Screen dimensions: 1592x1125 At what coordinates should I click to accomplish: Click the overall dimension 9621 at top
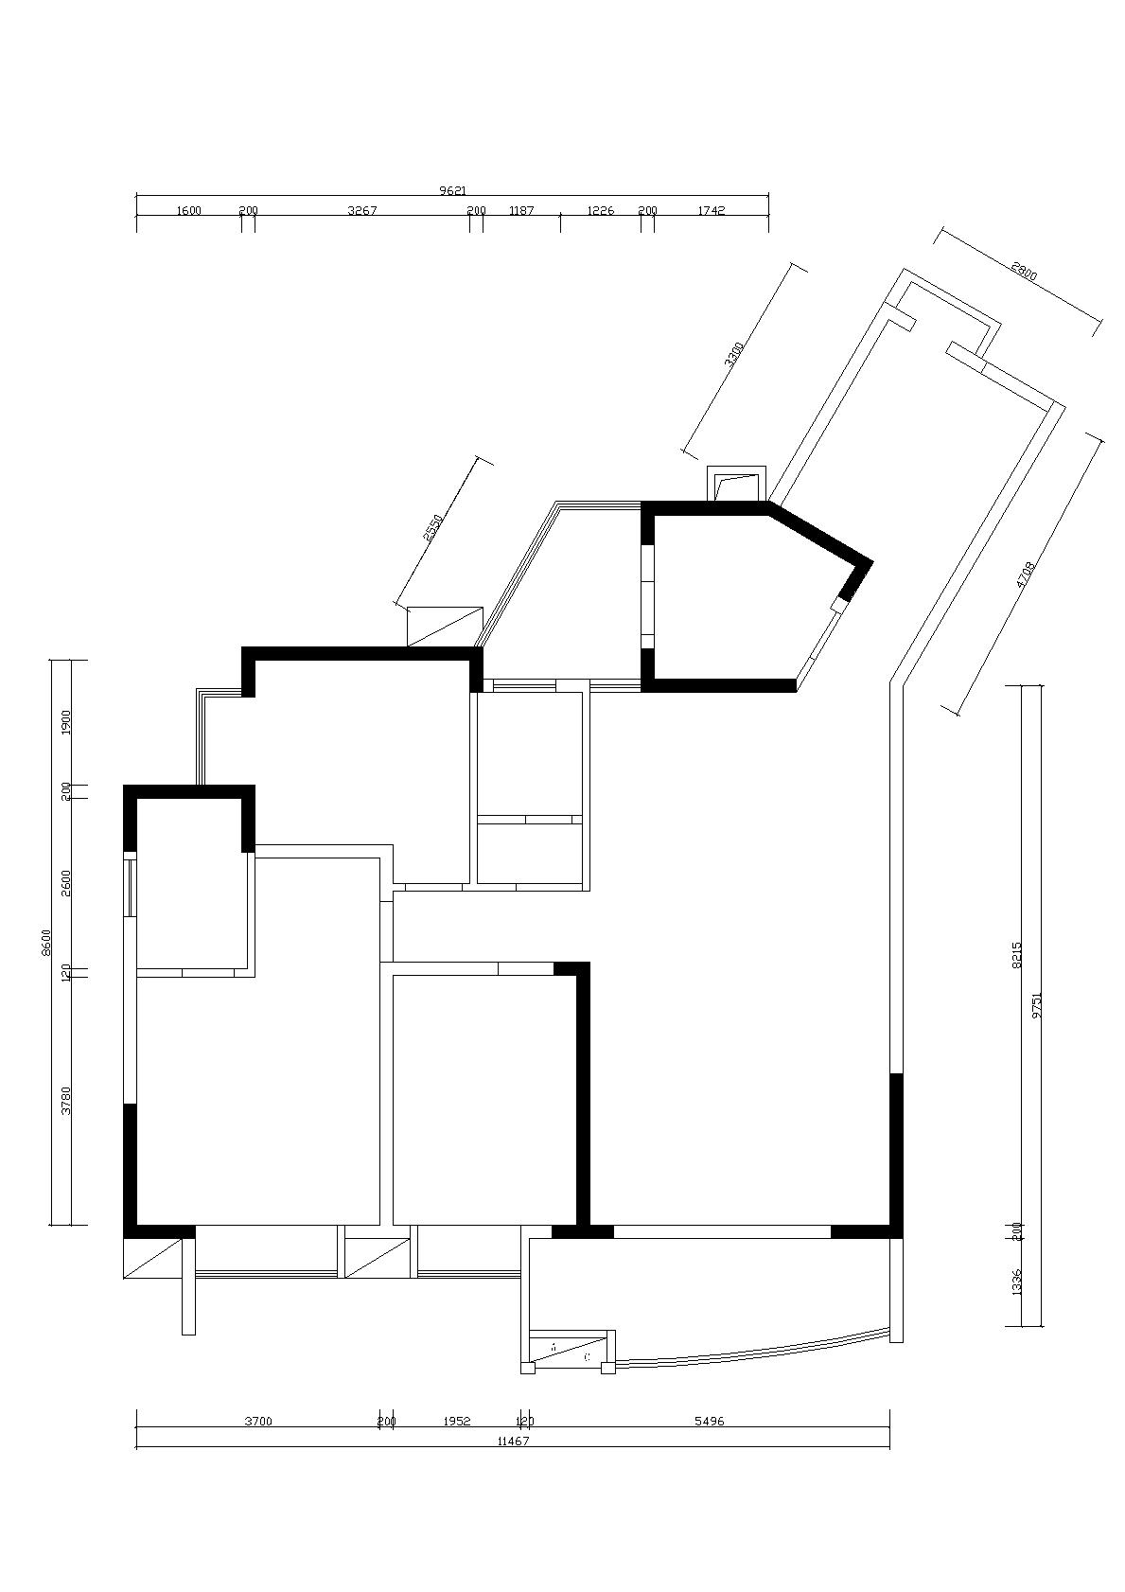click(453, 190)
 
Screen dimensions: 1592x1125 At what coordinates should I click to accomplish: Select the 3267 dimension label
click(362, 211)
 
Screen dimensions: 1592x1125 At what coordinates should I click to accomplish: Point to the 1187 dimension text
click(521, 211)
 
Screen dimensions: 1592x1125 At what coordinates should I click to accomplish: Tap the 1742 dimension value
click(711, 211)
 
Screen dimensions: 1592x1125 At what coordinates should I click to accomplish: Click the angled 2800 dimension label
click(1024, 273)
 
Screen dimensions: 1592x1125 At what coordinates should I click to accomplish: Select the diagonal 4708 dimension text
click(1027, 575)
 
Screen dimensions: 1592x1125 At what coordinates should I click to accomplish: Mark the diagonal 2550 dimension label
click(432, 527)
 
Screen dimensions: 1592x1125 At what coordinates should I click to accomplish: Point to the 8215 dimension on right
click(1017, 954)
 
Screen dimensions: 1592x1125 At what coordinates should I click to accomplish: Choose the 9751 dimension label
click(1037, 1003)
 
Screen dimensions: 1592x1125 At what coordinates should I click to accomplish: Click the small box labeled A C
click(571, 1351)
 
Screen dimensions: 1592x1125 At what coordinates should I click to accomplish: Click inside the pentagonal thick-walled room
click(738, 596)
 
